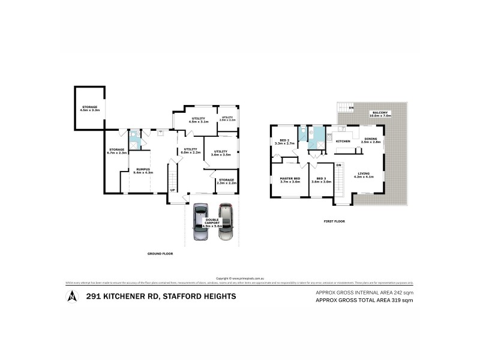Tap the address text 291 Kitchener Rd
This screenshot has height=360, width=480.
coord(160,296)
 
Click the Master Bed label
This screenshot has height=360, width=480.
coord(290,179)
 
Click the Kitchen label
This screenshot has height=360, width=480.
coord(343,140)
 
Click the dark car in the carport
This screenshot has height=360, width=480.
coord(200,223)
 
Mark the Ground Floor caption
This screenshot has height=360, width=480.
coord(160,254)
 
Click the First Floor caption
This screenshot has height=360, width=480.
coord(334,221)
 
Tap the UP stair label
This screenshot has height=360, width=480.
coord(173,190)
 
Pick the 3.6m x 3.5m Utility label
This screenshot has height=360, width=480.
coord(221,153)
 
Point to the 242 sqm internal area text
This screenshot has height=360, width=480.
coord(365,292)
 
